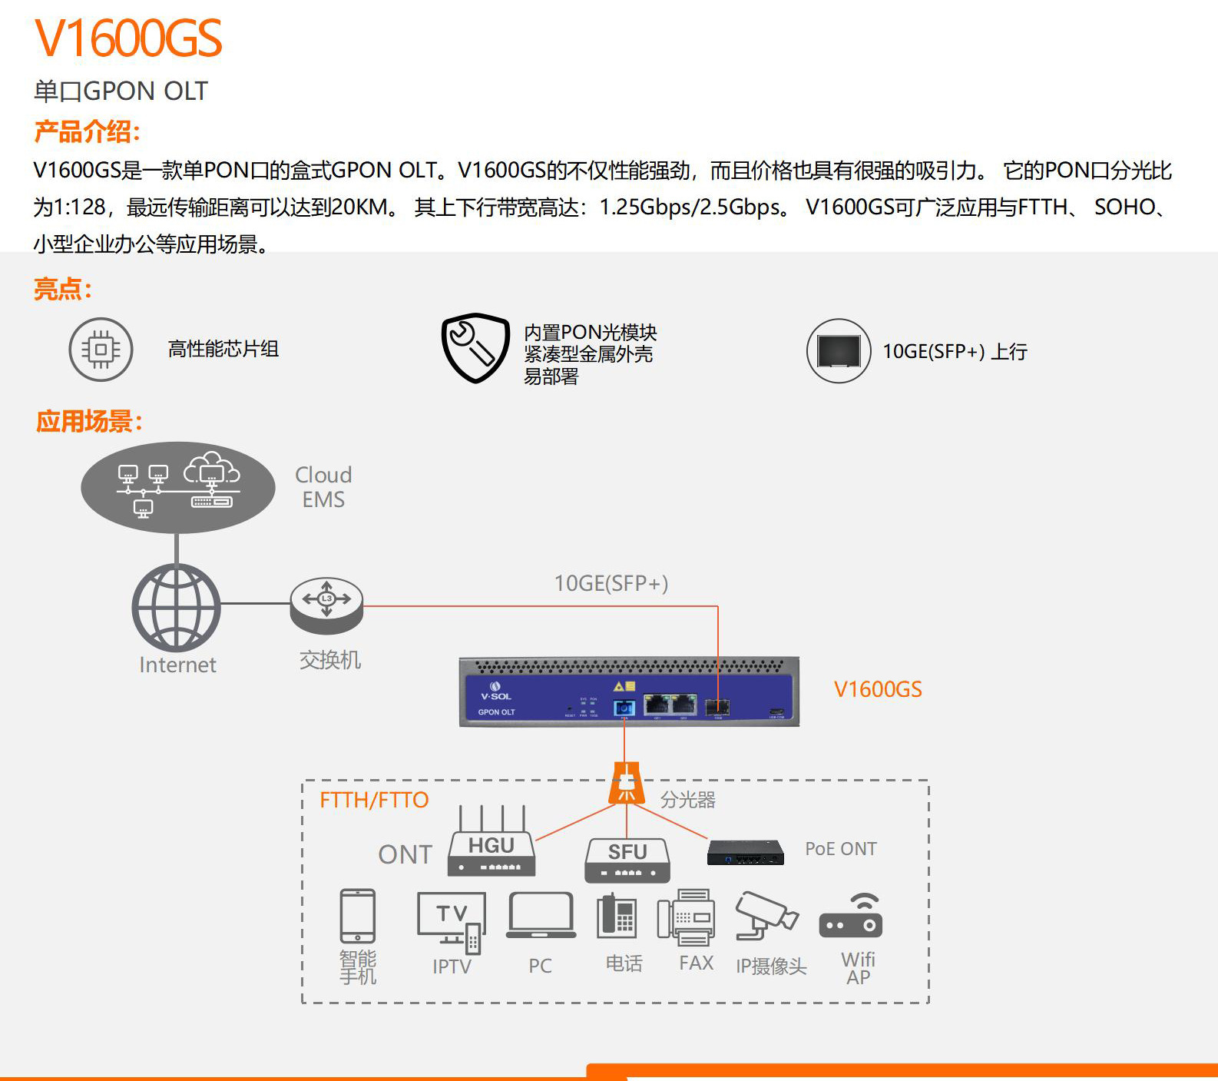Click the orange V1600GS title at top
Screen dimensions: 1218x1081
click(128, 38)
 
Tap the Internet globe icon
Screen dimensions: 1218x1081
click(177, 608)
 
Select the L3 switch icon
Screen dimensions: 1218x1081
click(326, 605)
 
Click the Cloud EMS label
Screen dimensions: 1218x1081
click(323, 487)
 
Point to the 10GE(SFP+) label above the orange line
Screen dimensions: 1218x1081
click(611, 583)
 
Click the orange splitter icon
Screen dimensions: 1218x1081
click(627, 783)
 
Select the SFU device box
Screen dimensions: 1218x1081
click(627, 860)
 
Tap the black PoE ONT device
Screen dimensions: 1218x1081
click(746, 852)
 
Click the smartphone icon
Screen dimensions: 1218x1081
click(358, 916)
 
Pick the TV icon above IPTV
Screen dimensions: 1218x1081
click(452, 922)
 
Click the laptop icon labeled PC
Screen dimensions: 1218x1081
click(541, 915)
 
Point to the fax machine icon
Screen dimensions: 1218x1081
click(686, 917)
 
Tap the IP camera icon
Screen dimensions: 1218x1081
click(766, 914)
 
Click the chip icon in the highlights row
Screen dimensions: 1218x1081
click(101, 350)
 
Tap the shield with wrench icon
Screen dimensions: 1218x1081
click(475, 347)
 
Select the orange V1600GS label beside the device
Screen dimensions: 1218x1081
click(878, 689)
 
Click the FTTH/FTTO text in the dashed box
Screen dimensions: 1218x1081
click(374, 800)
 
